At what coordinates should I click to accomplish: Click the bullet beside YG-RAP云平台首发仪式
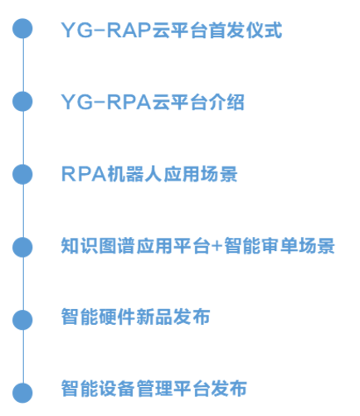(22, 28)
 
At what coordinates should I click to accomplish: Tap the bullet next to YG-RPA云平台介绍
(22, 101)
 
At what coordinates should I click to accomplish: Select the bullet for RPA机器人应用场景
(22, 174)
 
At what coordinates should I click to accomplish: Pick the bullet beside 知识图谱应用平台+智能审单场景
(22, 247)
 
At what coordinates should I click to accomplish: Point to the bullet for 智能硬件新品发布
(22, 320)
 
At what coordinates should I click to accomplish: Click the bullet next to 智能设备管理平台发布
(22, 393)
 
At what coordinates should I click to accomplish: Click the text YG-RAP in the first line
(106, 30)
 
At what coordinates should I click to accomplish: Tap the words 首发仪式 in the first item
(246, 30)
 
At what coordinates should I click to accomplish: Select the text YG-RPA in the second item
(106, 102)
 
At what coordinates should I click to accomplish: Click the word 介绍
(226, 102)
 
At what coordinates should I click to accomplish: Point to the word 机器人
(134, 174)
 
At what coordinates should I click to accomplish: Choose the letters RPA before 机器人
(84, 174)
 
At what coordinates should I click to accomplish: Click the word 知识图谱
(98, 245)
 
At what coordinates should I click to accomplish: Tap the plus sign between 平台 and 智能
(217, 246)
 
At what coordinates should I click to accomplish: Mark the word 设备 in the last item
(117, 388)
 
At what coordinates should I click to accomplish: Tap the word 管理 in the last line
(154, 388)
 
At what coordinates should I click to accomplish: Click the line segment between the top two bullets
(22, 65)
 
